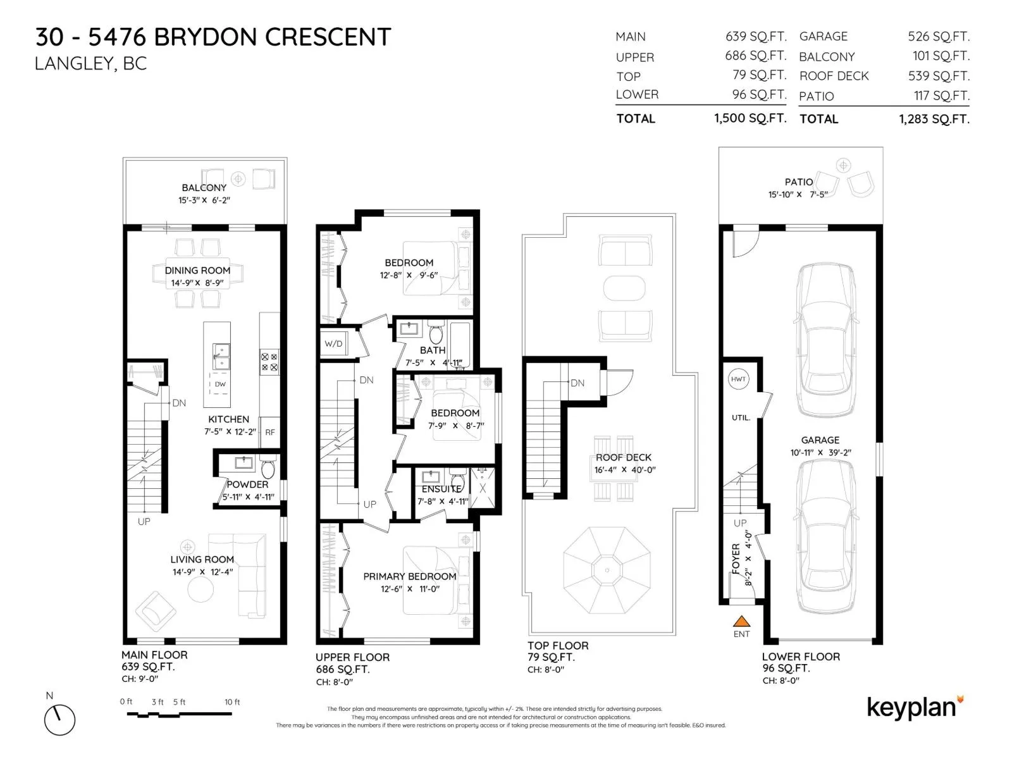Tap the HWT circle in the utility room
click(x=738, y=379)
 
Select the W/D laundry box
click(x=334, y=343)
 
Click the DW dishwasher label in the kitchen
click(x=220, y=384)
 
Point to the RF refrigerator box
click(x=269, y=432)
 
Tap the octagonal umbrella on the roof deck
click(x=607, y=570)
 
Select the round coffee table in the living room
click(x=201, y=588)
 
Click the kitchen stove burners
click(x=269, y=362)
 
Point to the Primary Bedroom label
click(x=409, y=576)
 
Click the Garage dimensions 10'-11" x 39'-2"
click(x=820, y=452)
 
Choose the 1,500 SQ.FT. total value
click(x=750, y=118)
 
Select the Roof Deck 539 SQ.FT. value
click(x=939, y=75)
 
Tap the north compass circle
click(x=59, y=720)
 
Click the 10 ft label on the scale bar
click(x=232, y=702)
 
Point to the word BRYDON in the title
click(x=205, y=37)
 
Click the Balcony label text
click(x=204, y=188)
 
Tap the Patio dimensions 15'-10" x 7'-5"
click(x=798, y=194)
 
